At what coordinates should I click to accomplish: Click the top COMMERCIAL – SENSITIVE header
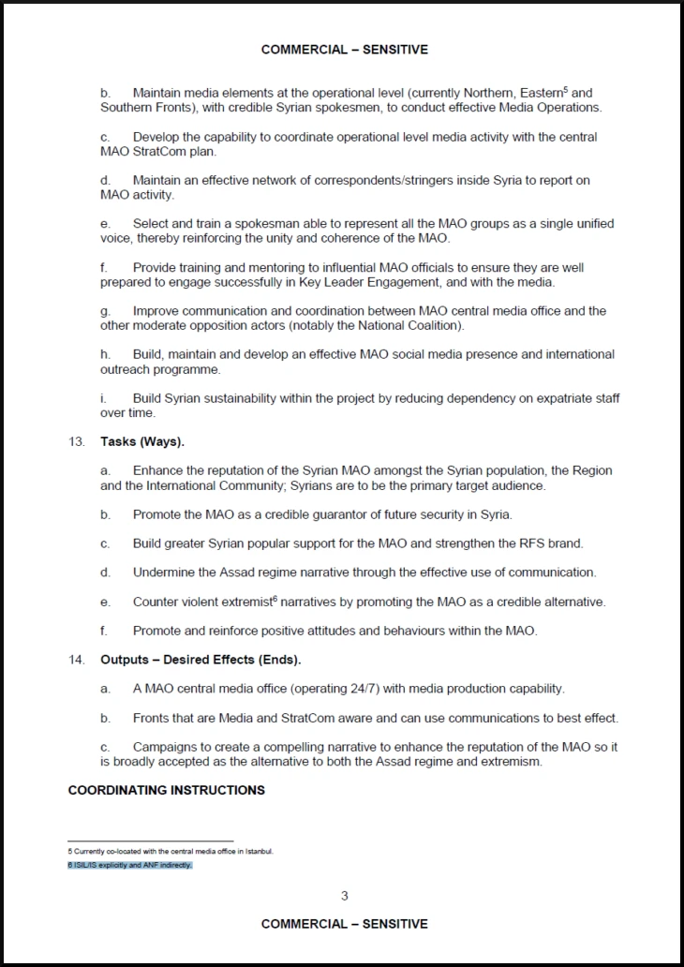(x=344, y=50)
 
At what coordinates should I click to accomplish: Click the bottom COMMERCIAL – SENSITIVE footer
(x=344, y=924)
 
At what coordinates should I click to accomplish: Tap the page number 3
(x=344, y=896)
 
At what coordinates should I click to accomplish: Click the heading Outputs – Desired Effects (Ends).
(x=201, y=660)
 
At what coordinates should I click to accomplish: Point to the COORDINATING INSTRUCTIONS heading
(x=167, y=790)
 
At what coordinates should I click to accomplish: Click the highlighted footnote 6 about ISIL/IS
(x=129, y=865)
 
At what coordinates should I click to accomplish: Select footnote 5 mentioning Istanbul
(x=171, y=851)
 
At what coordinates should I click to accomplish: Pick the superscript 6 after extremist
(x=274, y=598)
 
